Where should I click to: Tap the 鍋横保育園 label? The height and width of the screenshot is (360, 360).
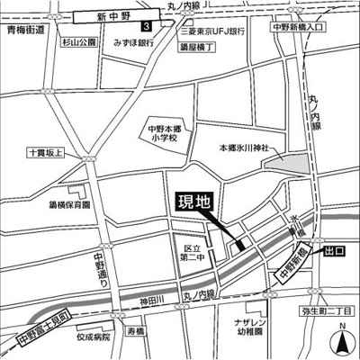click(70, 205)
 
